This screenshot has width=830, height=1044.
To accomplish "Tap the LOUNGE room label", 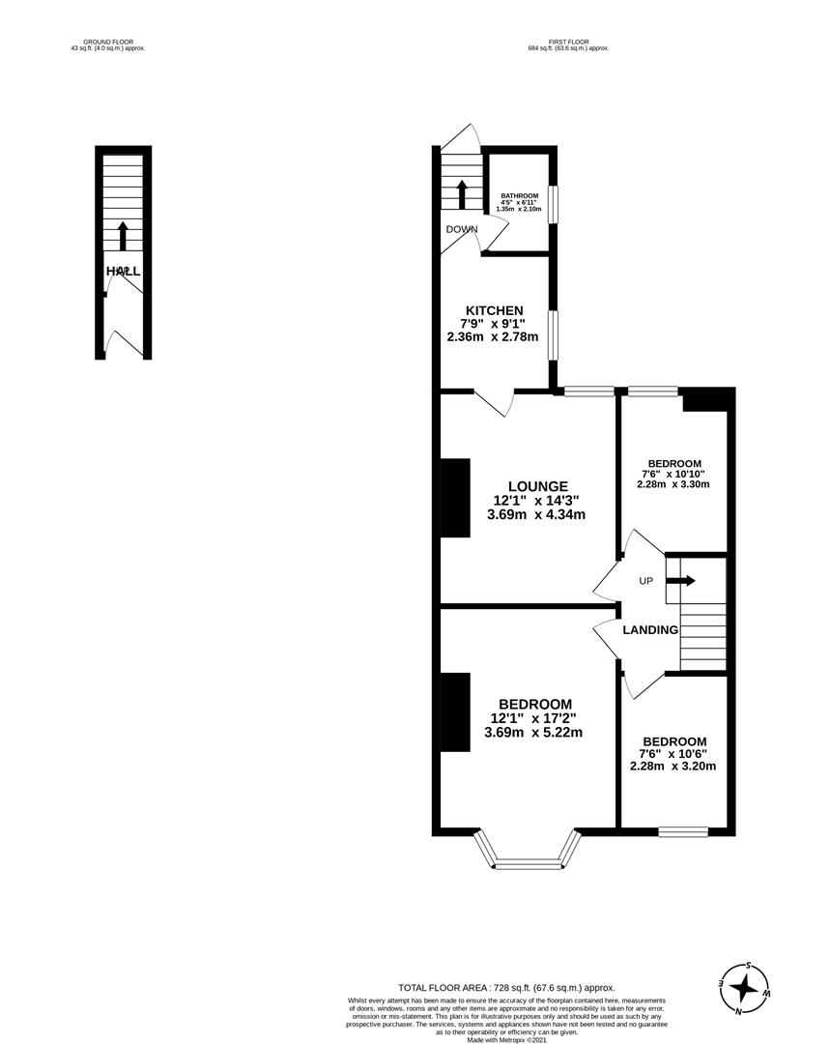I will (538, 486).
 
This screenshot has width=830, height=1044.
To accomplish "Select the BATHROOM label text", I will (518, 195).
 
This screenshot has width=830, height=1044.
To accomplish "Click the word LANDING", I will (649, 630).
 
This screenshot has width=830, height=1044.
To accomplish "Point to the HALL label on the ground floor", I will (123, 272).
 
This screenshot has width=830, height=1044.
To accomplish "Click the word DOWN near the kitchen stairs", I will (462, 229).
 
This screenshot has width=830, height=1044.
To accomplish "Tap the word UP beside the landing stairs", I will (645, 581).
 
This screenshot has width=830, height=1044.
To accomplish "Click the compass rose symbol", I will (745, 988).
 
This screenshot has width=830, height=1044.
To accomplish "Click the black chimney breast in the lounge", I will (454, 496).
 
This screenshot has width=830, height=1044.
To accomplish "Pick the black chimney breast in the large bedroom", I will (454, 710).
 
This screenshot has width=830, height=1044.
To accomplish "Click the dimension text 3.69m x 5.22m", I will (534, 733).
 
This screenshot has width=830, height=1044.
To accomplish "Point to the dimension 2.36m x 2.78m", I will (493, 337).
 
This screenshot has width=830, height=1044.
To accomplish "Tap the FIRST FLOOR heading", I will (568, 42).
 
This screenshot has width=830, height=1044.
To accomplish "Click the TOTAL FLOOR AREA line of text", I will (506, 987).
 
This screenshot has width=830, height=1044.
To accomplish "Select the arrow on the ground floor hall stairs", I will (122, 235).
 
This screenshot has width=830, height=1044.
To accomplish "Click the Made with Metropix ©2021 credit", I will (506, 1040).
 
